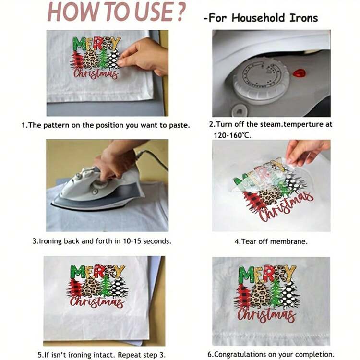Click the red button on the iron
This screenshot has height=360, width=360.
[x=299, y=73]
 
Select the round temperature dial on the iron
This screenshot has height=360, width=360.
[x=261, y=78]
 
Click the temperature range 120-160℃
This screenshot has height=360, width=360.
[x=232, y=135]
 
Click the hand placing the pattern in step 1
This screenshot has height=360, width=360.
[x=144, y=56]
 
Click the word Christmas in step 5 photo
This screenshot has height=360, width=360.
[x=97, y=301]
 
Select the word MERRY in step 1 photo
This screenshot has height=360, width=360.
[x=96, y=44]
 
